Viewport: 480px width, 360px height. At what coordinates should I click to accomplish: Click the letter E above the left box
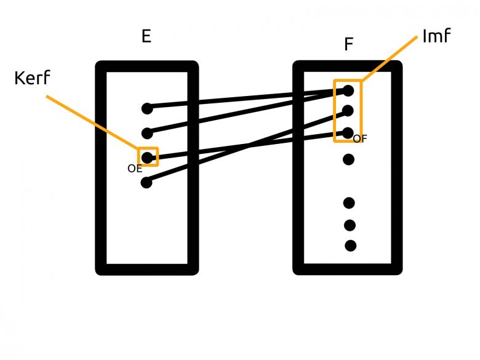(146, 36)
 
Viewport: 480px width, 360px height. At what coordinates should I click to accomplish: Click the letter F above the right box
(348, 44)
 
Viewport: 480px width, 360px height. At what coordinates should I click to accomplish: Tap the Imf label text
(436, 36)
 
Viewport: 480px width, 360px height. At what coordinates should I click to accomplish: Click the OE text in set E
(135, 167)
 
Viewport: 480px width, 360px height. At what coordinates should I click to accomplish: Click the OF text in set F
(360, 139)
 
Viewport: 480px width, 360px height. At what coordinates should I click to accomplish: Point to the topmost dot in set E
(146, 109)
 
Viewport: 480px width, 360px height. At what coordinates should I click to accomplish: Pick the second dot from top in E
(146, 133)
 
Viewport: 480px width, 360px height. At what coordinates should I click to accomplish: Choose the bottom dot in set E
(146, 182)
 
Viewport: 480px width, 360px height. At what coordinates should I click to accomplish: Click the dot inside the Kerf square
(147, 157)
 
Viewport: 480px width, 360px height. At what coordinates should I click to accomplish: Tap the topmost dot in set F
(348, 90)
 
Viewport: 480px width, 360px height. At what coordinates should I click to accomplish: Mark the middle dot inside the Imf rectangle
(348, 111)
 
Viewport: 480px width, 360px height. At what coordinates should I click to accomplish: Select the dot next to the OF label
(348, 132)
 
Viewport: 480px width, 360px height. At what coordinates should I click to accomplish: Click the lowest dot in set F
(350, 246)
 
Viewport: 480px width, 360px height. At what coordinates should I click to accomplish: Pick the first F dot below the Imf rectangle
(348, 160)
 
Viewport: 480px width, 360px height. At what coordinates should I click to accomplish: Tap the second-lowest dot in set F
(350, 225)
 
